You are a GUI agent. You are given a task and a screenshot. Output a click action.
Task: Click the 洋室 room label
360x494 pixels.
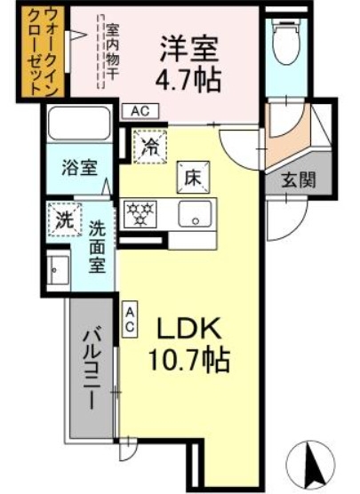point(188,50)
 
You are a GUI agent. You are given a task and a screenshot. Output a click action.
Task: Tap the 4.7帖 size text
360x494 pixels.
point(188,79)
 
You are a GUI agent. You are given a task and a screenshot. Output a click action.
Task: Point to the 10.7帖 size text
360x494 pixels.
point(188,360)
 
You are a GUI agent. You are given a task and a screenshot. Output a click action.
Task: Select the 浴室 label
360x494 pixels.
point(79,168)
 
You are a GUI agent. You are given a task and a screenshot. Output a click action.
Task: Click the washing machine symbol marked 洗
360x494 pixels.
point(64,219)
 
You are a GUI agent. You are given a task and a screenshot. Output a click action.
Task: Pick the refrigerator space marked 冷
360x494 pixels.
point(149,147)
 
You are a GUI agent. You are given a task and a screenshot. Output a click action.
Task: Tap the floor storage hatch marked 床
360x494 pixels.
point(193,178)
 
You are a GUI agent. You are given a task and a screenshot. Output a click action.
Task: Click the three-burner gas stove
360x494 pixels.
point(140,214)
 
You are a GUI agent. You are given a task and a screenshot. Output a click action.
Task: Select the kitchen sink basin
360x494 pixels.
point(195,213)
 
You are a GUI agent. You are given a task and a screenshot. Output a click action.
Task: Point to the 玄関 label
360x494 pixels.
point(298,180)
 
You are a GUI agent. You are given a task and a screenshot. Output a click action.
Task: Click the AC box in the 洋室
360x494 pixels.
point(140,111)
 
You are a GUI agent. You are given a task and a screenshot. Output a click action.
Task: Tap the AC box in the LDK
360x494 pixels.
point(130,320)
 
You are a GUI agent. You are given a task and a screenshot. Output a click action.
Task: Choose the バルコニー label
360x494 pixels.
point(92,367)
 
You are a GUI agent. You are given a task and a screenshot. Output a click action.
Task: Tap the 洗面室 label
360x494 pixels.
point(97,246)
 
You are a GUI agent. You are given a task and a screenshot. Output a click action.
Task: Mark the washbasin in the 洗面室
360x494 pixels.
point(58,270)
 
